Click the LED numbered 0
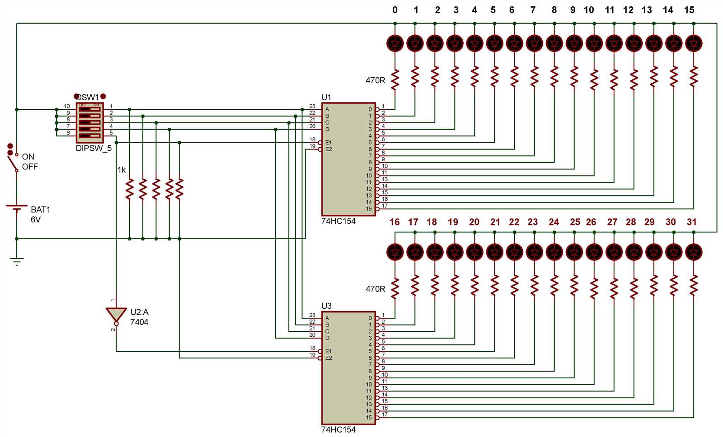(395, 43)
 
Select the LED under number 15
(694, 43)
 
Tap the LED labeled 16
(395, 252)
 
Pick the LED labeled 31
(694, 252)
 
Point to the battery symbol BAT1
(17, 208)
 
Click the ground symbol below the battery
(17, 261)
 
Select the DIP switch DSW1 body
(89, 122)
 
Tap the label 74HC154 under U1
(338, 221)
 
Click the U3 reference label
(326, 306)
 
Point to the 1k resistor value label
(122, 170)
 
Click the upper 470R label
(375, 80)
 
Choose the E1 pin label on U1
(328, 143)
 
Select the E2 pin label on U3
(328, 358)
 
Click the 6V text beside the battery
(35, 219)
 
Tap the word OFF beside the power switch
(30, 167)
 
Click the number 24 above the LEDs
(554, 222)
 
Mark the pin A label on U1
(327, 109)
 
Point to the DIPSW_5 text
(94, 148)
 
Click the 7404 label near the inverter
(139, 322)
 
